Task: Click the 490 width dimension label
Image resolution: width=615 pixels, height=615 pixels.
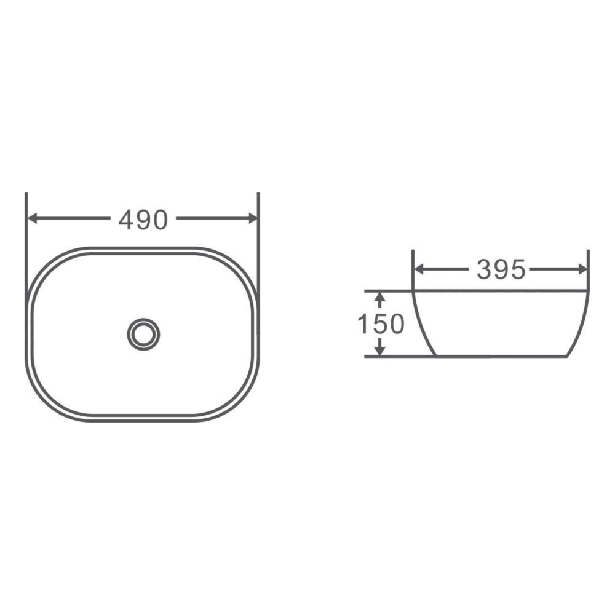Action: click(143, 219)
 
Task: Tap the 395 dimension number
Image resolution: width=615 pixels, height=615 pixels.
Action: click(501, 269)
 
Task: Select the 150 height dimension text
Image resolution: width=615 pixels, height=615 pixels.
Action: click(380, 324)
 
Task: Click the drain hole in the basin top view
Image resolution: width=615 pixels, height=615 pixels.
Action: click(143, 334)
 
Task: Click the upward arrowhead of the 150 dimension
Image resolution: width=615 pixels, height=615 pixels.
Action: click(380, 297)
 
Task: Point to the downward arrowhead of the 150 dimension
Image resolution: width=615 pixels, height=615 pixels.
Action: click(380, 350)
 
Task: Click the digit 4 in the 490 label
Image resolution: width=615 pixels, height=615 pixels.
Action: click(126, 219)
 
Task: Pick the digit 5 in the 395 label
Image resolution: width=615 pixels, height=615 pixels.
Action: click(518, 269)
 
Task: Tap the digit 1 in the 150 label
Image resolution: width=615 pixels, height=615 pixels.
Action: click(363, 324)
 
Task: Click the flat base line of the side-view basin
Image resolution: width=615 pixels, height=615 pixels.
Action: click(501, 355)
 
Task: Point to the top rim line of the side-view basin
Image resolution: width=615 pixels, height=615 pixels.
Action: click(501, 290)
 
